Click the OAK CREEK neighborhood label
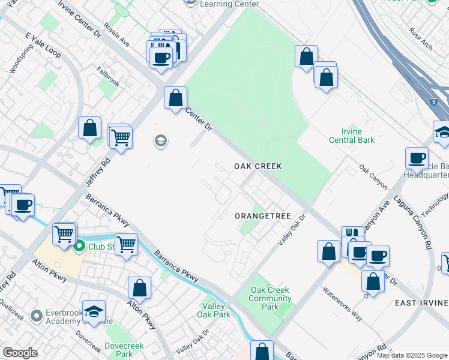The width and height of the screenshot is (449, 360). click(x=258, y=166)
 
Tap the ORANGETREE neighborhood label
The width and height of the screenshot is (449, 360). click(x=262, y=216)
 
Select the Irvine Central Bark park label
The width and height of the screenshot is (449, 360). click(x=352, y=136)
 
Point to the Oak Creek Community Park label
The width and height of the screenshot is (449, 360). click(x=270, y=298)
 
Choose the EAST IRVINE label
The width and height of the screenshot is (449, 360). click(x=421, y=304)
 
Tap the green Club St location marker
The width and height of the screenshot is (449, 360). click(x=79, y=245)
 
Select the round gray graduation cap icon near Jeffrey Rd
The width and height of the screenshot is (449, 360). click(x=160, y=141)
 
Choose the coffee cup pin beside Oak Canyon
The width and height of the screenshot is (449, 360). click(x=417, y=158)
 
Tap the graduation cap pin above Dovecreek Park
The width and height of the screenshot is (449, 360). click(x=94, y=311)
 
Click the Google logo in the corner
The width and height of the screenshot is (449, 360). click(x=20, y=353)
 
